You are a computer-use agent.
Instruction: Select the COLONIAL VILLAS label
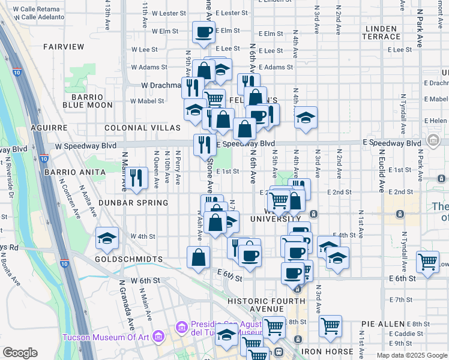coord(142,128)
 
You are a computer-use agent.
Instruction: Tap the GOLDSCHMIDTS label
coord(128,259)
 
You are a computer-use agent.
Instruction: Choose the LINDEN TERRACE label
coord(381,33)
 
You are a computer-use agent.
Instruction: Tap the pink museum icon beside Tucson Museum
coord(159,337)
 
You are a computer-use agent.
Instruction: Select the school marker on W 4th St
coord(107,239)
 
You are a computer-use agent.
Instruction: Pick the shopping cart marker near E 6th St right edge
coord(427,262)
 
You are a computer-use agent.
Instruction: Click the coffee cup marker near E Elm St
coord(203,31)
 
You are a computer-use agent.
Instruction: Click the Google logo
coord(20,353)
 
